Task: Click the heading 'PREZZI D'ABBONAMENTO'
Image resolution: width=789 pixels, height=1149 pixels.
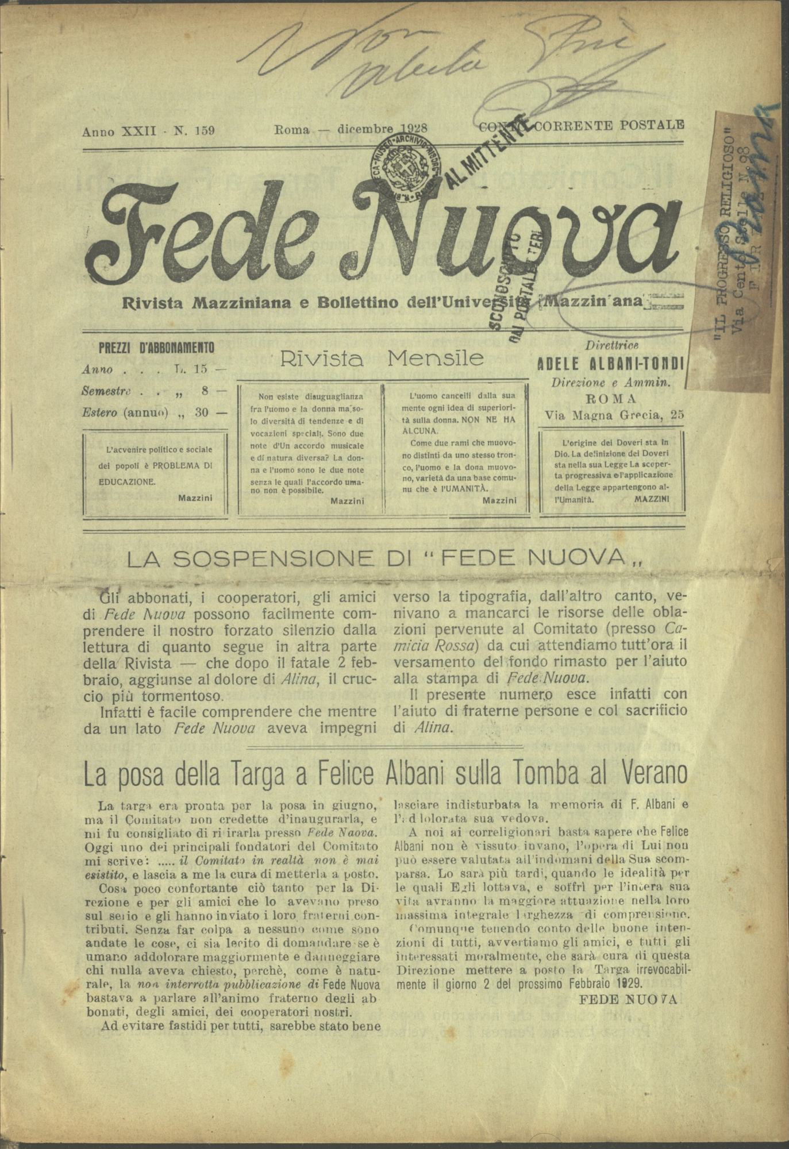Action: [x=156, y=348]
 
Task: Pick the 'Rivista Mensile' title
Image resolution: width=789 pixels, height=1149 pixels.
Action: [x=382, y=358]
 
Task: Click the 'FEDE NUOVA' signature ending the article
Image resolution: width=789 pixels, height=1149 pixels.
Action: [x=629, y=999]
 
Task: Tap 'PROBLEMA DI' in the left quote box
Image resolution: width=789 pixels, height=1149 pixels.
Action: [x=183, y=466]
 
